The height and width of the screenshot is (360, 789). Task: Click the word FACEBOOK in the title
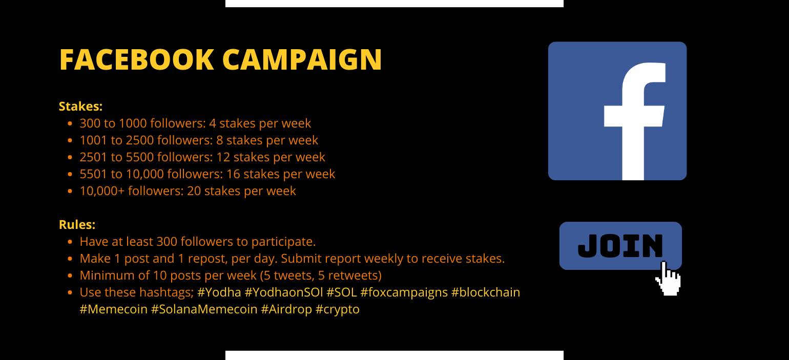click(137, 59)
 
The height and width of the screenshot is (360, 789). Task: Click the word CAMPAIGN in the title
click(302, 59)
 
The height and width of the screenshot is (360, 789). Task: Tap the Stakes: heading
click(80, 107)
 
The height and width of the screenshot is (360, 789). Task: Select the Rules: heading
click(77, 224)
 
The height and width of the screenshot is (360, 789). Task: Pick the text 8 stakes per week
click(267, 140)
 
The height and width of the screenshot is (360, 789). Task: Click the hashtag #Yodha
click(219, 292)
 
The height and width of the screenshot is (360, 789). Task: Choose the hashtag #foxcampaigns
click(404, 292)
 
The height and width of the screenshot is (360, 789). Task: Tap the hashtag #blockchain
click(486, 292)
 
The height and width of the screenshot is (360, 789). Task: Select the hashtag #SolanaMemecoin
click(204, 309)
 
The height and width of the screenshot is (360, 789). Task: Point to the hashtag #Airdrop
click(286, 309)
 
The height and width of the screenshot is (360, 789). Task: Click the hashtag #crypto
click(338, 309)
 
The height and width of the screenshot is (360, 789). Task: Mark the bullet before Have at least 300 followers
click(70, 241)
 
